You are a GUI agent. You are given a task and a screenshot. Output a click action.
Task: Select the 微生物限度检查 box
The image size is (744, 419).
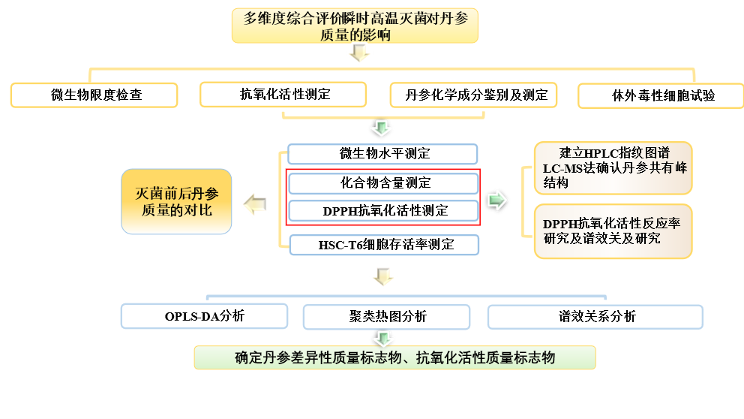[94, 95]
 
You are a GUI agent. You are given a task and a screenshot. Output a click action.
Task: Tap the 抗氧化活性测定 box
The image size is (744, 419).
[283, 95]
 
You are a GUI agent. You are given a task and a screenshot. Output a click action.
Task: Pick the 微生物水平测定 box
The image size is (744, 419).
[382, 154]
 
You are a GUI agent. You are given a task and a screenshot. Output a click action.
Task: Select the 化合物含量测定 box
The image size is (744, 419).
[382, 183]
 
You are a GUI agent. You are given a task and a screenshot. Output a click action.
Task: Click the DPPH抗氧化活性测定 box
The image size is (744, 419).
[382, 211]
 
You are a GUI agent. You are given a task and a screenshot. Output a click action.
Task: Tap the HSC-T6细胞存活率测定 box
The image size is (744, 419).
[382, 244]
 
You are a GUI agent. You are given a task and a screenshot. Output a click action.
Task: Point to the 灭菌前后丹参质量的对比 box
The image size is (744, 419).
[177, 201]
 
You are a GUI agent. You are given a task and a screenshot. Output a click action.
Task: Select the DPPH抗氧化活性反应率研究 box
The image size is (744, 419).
[613, 231]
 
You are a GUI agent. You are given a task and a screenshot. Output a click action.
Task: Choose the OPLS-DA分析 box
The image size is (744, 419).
[205, 316]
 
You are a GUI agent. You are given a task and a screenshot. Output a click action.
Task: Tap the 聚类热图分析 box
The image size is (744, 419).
[386, 317]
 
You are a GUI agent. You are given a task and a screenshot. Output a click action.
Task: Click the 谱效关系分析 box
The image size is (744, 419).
[595, 317]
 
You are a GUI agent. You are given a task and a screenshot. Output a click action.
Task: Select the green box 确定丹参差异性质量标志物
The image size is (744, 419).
[394, 357]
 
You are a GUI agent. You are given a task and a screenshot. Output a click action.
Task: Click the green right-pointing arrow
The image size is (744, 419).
[496, 200]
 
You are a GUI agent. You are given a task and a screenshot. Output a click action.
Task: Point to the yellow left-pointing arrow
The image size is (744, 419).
[255, 204]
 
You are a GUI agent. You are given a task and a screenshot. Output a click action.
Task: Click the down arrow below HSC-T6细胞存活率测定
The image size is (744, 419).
[383, 277]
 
